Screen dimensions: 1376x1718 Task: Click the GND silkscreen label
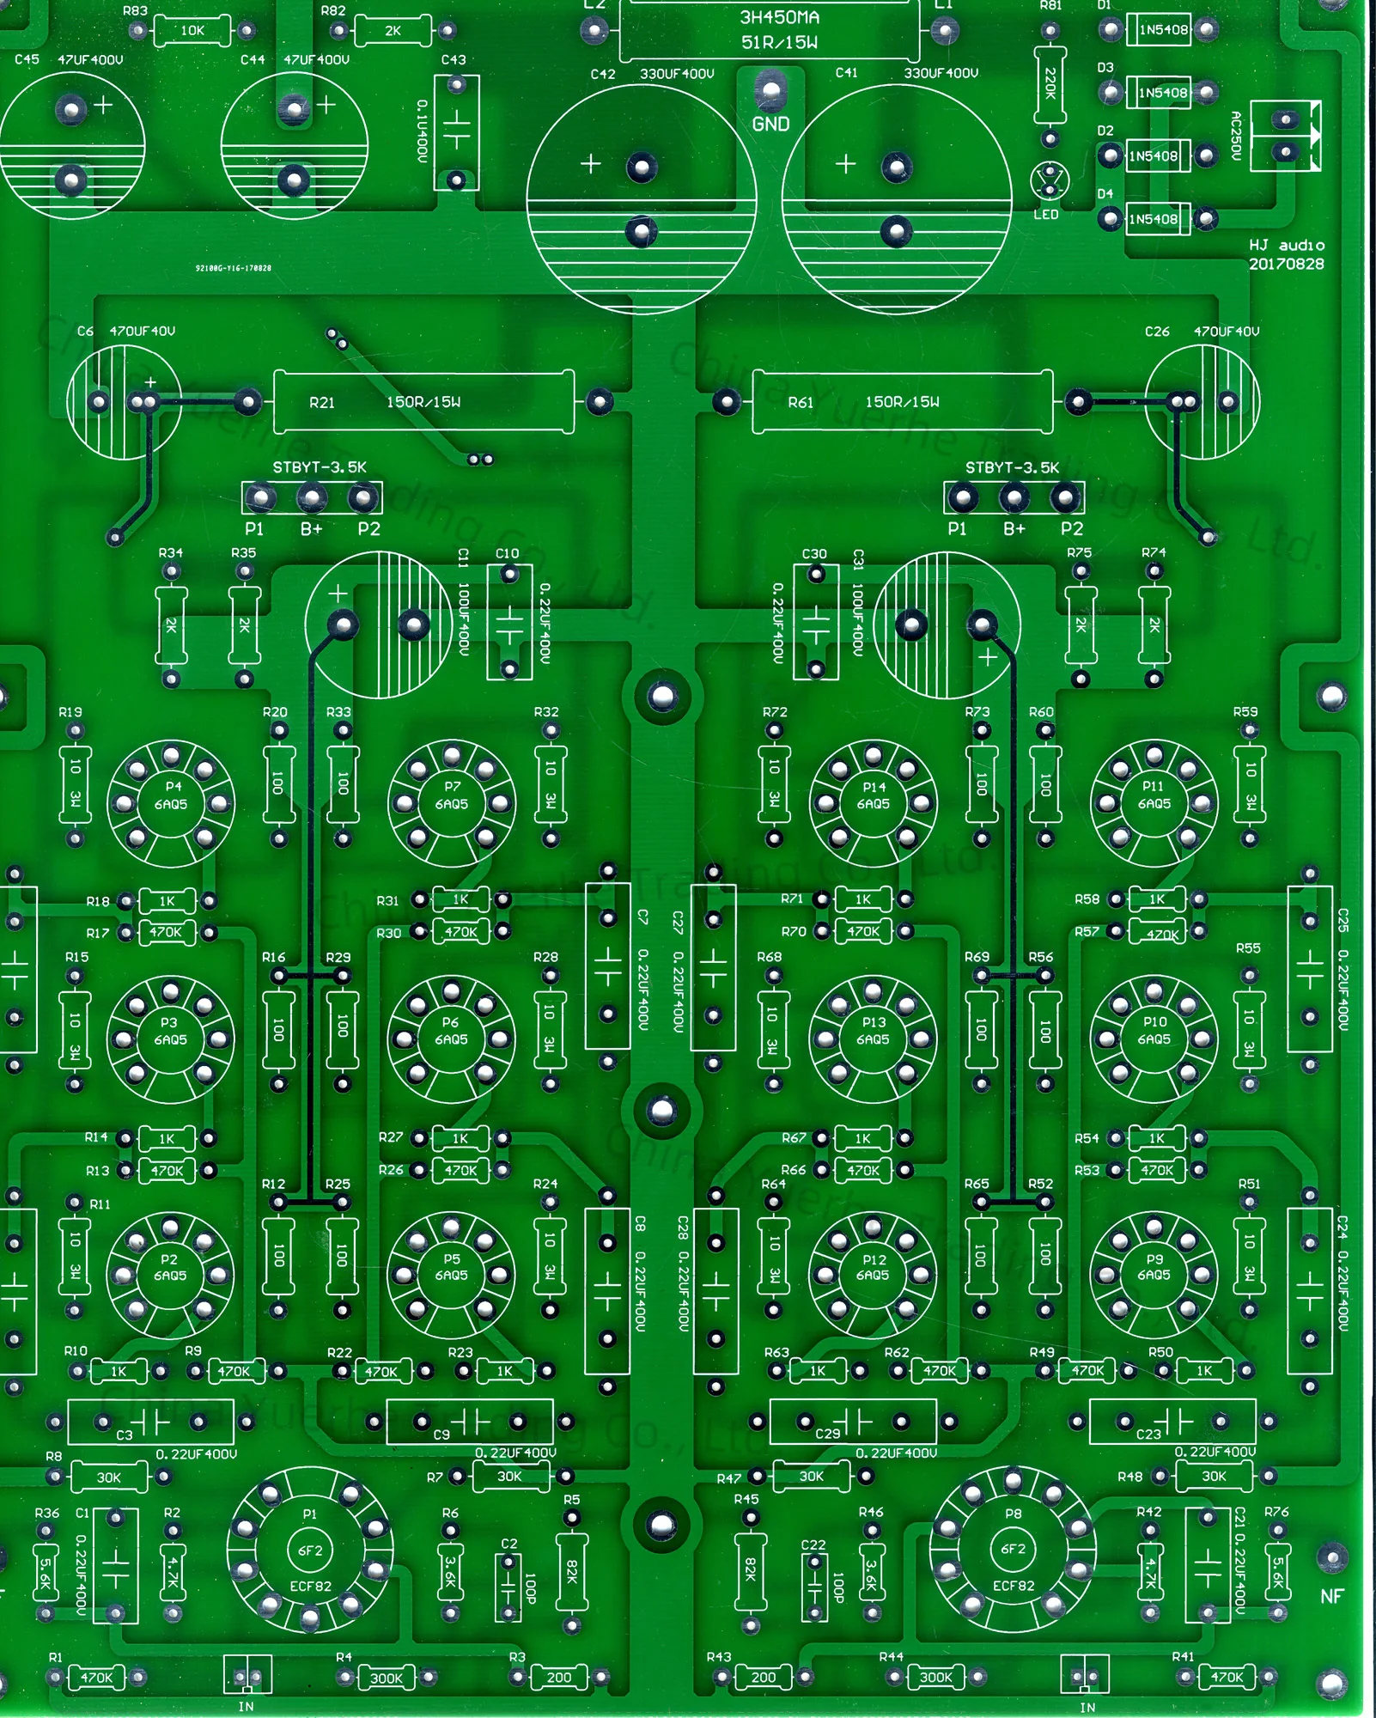pyautogui.click(x=770, y=124)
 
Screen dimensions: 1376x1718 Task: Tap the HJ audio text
pyautogui.click(x=1286, y=246)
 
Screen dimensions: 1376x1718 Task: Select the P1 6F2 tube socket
pyautogui.click(x=310, y=1550)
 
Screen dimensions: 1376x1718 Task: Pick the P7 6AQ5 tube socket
pyautogui.click(x=452, y=802)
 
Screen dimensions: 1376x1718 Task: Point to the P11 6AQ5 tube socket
pyautogui.click(x=1154, y=802)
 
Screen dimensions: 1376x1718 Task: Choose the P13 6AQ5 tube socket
pyautogui.click(x=873, y=1039)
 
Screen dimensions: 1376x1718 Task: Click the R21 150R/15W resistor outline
pyautogui.click(x=423, y=402)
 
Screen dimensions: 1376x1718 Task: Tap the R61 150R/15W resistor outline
pyautogui.click(x=902, y=402)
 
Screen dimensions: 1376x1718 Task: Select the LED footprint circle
pyautogui.click(x=1049, y=181)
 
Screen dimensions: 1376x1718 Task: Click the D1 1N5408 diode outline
pyautogui.click(x=1158, y=30)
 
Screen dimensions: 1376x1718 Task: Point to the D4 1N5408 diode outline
pyautogui.click(x=1158, y=220)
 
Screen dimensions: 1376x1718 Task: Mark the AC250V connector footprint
pyautogui.click(x=1285, y=136)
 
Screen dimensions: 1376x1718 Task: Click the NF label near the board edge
pyautogui.click(x=1331, y=1596)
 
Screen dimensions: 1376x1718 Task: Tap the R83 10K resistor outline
pyautogui.click(x=192, y=31)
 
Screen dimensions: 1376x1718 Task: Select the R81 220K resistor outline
pyautogui.click(x=1050, y=84)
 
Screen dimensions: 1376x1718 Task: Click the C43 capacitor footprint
pyautogui.click(x=456, y=132)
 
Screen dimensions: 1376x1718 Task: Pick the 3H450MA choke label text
pyautogui.click(x=779, y=18)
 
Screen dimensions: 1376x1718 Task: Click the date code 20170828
pyautogui.click(x=1286, y=264)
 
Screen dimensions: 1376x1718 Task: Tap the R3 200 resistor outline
pyautogui.click(x=558, y=1678)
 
